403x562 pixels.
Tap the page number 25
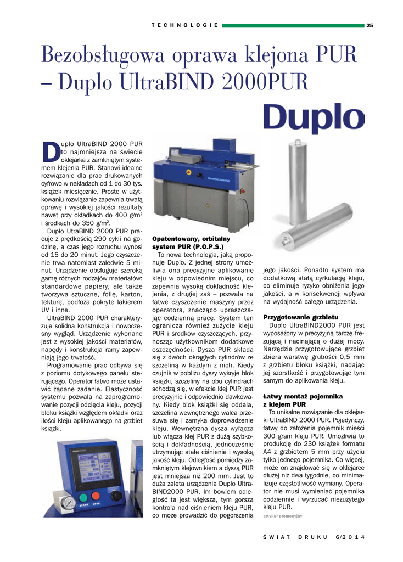tap(370, 25)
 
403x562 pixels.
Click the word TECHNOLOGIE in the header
tap(185, 25)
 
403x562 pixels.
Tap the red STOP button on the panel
tap(100, 490)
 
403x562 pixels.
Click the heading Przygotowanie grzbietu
tap(300, 317)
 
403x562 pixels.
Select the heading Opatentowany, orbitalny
tap(191, 239)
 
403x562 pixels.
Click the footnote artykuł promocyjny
tap(283, 516)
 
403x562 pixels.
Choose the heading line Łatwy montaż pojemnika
tap(303, 396)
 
